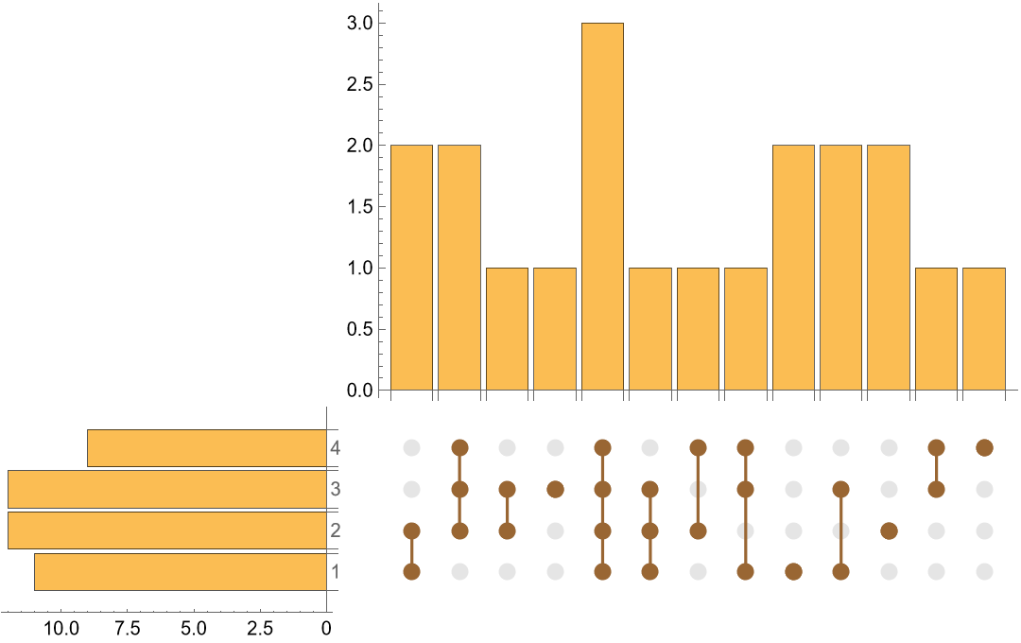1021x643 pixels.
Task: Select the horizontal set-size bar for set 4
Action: click(207, 448)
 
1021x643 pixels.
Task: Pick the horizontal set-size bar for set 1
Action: click(181, 572)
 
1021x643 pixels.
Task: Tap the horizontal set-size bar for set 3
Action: click(167, 489)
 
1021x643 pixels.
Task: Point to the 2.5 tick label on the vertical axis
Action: click(359, 84)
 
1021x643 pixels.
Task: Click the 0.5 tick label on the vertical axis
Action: click(359, 329)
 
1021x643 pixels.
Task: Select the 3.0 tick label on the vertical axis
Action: click(359, 23)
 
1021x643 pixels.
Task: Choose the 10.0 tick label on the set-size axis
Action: click(61, 628)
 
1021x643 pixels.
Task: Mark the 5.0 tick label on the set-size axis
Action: click(194, 628)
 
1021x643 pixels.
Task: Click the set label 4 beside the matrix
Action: click(336, 448)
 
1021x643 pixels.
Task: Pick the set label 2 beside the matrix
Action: click(336, 530)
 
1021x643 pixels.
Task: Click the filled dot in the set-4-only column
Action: click(984, 447)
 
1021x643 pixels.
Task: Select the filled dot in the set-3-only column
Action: click(555, 489)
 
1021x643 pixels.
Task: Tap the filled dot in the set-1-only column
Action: click(793, 571)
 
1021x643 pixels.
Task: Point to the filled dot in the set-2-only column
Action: click(889, 530)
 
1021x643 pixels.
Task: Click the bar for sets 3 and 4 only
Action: click(936, 329)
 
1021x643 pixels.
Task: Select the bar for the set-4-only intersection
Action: click(984, 329)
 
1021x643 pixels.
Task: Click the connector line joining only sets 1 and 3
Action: click(840, 530)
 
